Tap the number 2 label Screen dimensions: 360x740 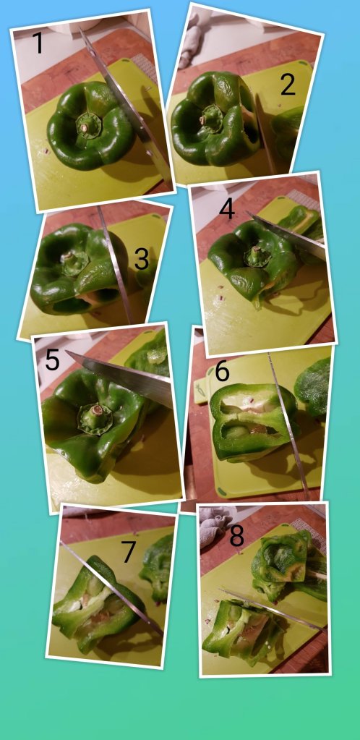[x=287, y=85]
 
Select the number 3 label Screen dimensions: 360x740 [x=142, y=259]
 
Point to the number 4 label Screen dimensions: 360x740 [x=226, y=208]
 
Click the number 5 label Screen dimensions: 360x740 [x=52, y=360]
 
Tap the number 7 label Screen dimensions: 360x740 [x=129, y=552]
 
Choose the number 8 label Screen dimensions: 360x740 [x=237, y=536]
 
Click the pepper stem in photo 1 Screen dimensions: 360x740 [x=85, y=127]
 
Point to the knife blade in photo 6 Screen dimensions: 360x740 [x=288, y=425]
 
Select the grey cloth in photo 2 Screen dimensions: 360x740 [x=192, y=38]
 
